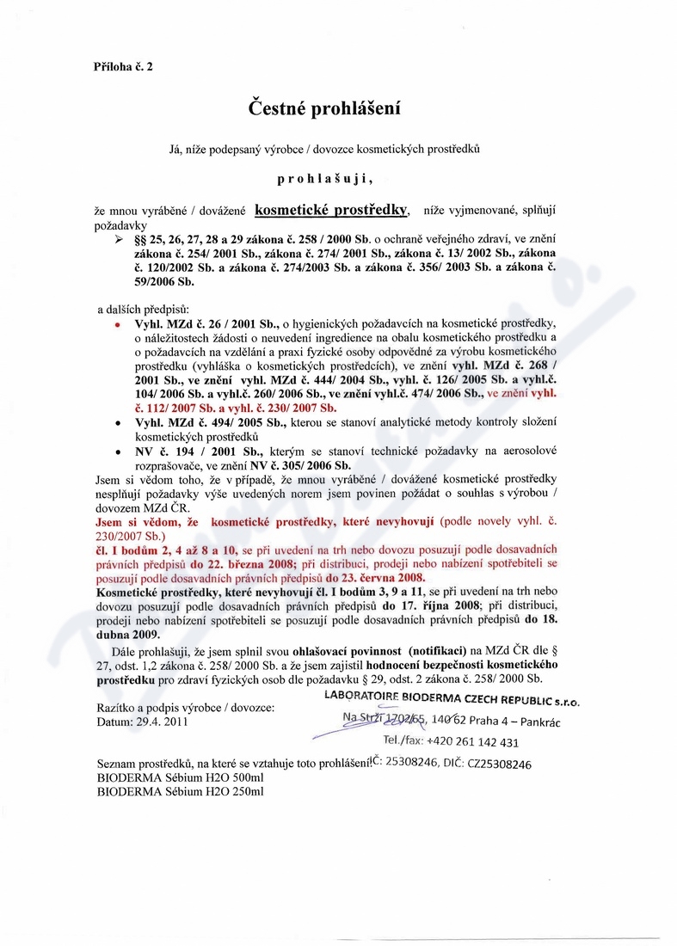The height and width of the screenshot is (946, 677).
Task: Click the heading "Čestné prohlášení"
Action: [324, 109]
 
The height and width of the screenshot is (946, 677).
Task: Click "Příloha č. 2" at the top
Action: [123, 66]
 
